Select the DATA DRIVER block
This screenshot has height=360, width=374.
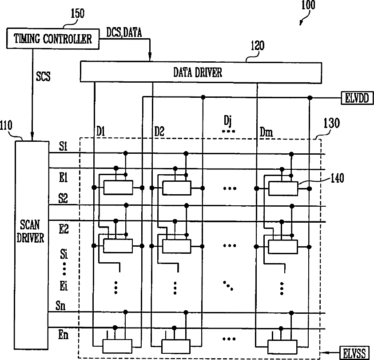coord(200,72)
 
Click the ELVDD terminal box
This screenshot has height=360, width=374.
coord(354,97)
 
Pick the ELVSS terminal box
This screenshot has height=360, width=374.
coord(354,353)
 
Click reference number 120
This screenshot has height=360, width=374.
coord(257,46)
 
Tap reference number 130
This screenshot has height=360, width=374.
coord(332,123)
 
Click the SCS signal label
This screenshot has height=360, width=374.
coord(43,76)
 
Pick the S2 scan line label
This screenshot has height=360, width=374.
coord(63,198)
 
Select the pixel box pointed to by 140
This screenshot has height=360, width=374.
coord(282,188)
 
